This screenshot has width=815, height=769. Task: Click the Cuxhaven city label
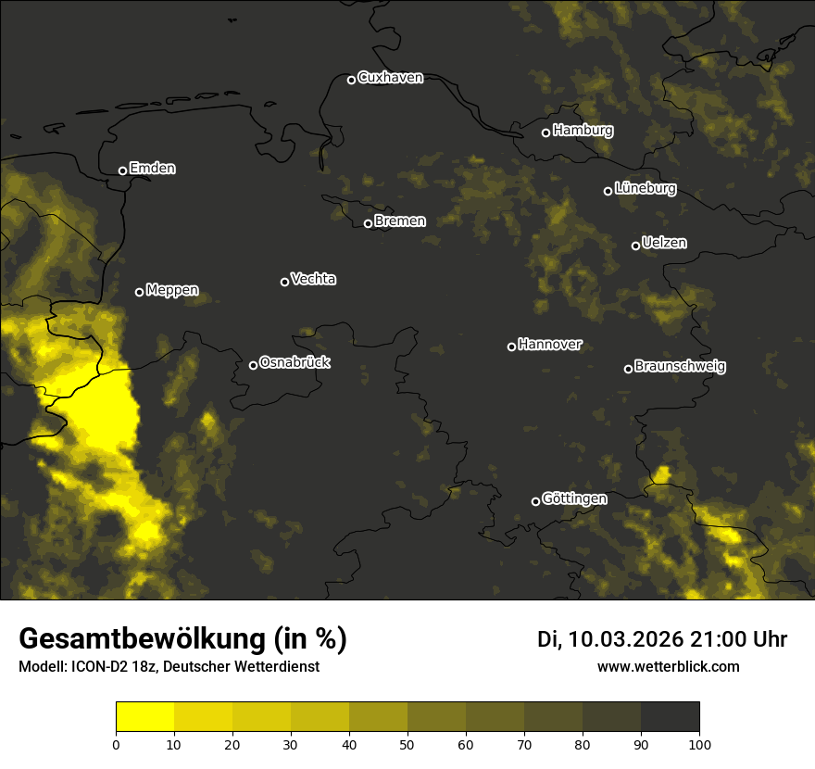(x=390, y=78)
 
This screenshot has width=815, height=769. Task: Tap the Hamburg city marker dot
(x=545, y=132)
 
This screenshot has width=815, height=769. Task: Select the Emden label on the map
(x=152, y=169)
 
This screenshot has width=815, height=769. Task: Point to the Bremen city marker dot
(x=368, y=223)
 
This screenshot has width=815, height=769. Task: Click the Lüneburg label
(x=645, y=188)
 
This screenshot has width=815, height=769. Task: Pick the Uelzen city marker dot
(x=635, y=246)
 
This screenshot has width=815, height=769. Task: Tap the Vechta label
(x=313, y=279)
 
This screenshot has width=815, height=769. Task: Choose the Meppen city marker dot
(x=139, y=292)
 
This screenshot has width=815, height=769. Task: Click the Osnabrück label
(x=295, y=362)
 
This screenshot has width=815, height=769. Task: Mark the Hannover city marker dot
(x=511, y=347)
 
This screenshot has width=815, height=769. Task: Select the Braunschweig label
(x=680, y=366)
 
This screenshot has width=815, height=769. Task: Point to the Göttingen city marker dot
(x=535, y=501)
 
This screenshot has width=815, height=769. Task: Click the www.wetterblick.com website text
(x=668, y=666)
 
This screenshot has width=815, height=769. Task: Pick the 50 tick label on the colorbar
(x=407, y=743)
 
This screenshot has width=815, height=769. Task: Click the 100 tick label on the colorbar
(x=699, y=743)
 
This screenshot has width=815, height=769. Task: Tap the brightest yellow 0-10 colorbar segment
(x=144, y=717)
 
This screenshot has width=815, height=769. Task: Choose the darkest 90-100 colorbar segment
(x=670, y=717)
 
